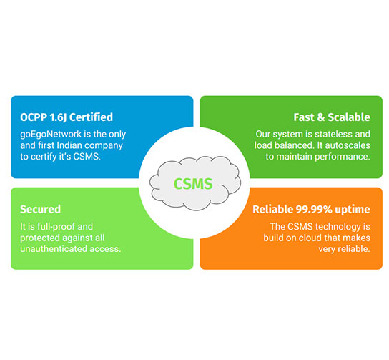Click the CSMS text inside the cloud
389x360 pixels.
point(193,184)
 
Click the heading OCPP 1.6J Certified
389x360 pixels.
point(67,117)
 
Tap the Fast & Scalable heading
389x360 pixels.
point(332,117)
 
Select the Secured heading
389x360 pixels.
point(41,209)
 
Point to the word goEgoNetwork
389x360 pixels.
point(51,135)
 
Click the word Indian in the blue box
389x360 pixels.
point(68,145)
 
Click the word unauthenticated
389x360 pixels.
point(54,249)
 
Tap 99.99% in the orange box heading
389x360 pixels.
point(314,209)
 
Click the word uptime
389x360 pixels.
point(353,210)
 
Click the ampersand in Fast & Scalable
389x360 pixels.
point(321,117)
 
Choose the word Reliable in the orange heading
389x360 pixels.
point(273,209)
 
